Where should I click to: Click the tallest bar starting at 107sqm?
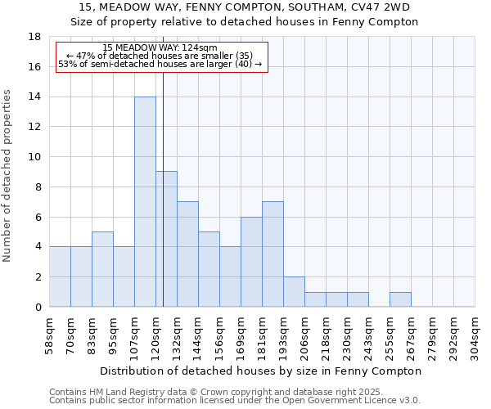[145, 201]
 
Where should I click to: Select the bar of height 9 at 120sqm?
[166, 239]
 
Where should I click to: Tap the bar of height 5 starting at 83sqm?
[102, 269]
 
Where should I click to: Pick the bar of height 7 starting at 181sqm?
[273, 254]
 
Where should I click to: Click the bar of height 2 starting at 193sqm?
[294, 291]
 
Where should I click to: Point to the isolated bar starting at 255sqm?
[400, 299]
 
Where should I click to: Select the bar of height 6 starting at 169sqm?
[251, 262]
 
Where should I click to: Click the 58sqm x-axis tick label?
[50, 334]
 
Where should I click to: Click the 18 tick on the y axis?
[34, 37]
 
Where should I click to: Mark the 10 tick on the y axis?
[34, 157]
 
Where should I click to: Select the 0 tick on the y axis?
[38, 307]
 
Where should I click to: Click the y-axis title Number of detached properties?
[8, 176]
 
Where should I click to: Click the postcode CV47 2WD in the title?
[389, 7]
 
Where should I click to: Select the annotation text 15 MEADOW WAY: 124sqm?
[160, 48]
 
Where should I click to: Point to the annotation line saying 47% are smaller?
[160, 56]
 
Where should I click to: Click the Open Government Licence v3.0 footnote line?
[235, 401]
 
